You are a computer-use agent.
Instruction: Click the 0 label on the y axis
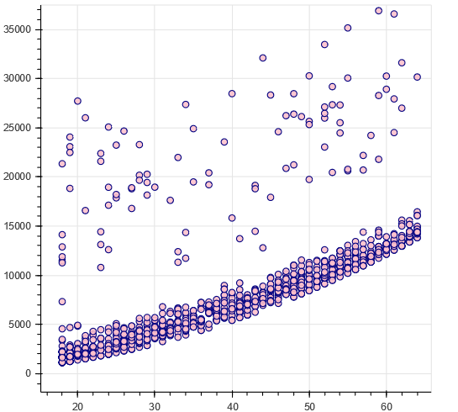point(28,373)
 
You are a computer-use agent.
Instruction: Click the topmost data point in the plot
point(379,11)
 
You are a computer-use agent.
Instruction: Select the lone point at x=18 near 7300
point(62,302)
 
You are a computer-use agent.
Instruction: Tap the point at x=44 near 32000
point(263,58)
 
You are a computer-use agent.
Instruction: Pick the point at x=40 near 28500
point(232,93)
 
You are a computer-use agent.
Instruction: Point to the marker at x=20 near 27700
point(77,101)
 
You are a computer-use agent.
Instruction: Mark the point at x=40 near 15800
point(232,218)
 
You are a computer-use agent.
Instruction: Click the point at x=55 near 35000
point(348,28)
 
